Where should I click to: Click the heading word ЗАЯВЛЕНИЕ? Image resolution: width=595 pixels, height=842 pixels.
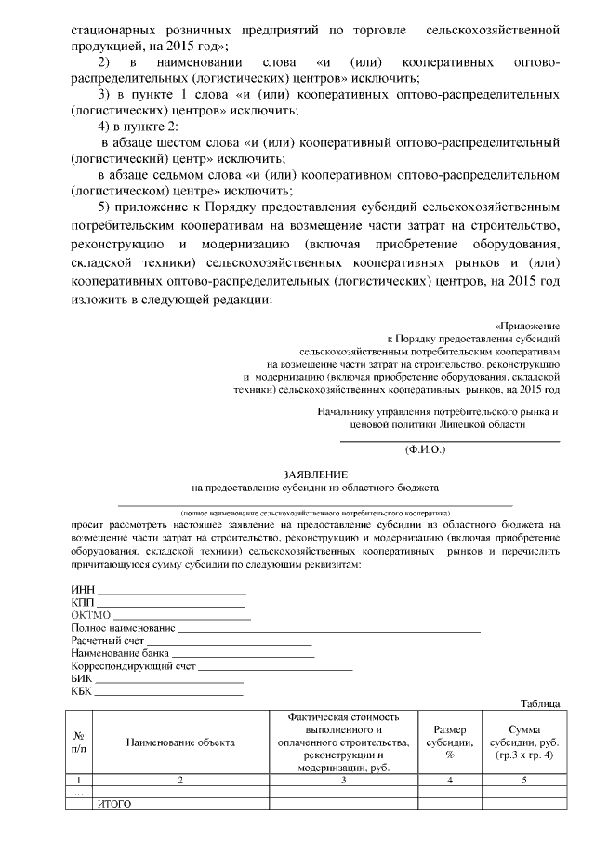pyautogui.click(x=315, y=473)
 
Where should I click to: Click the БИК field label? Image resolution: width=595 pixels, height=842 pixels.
pyautogui.click(x=83, y=679)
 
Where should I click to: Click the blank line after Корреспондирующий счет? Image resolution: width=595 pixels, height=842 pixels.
pyautogui.click(x=276, y=669)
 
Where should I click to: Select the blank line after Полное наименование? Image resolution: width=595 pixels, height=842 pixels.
pyautogui.click(x=329, y=630)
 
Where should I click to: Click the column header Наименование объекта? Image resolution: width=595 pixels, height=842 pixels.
pyautogui.click(x=181, y=742)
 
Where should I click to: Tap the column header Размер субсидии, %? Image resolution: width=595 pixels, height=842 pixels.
pyautogui.click(x=449, y=742)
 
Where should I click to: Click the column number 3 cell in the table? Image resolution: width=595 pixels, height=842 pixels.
pyautogui.click(x=344, y=780)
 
